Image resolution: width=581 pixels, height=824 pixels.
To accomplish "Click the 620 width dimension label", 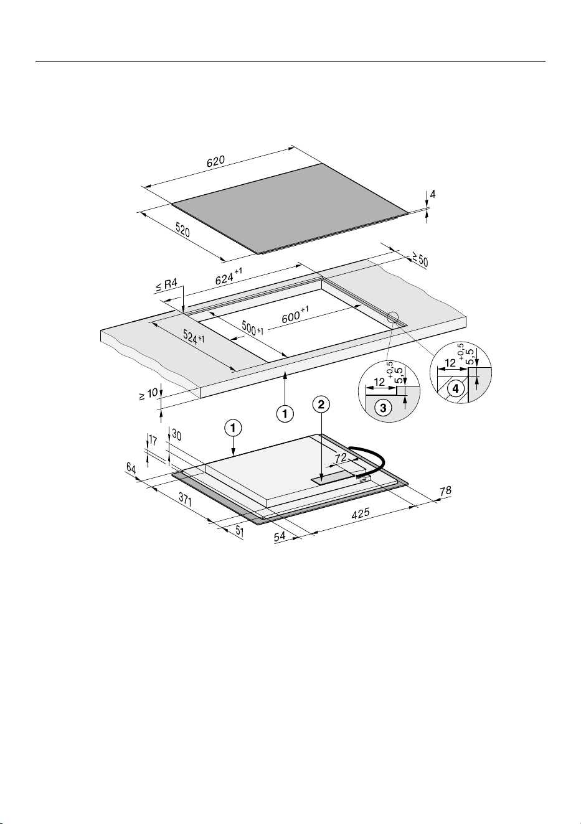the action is click(x=215, y=161).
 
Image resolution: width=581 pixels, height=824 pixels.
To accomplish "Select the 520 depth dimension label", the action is click(x=182, y=230).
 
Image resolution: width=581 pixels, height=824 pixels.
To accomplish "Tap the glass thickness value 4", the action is click(x=433, y=194).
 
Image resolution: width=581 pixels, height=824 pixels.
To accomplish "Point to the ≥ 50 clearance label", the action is click(x=420, y=259).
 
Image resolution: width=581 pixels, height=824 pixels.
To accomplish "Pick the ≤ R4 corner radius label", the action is click(x=166, y=285).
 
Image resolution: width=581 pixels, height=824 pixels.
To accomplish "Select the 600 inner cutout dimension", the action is click(x=295, y=316).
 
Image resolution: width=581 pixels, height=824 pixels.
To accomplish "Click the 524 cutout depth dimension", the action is click(x=194, y=336).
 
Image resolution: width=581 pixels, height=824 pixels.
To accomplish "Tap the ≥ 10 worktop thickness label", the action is click(x=149, y=394).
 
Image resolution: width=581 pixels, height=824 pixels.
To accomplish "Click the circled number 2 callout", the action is click(x=321, y=405).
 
